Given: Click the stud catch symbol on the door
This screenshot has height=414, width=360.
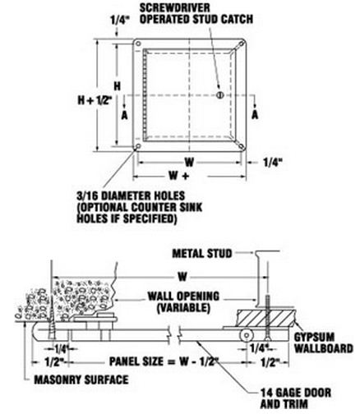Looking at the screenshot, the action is (219, 95).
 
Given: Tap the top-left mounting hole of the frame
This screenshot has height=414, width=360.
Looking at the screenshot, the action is (138, 44).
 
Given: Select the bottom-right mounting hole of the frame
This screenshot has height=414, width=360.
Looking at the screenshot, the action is (242, 146).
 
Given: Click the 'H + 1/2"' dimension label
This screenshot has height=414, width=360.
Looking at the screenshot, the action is (95, 100).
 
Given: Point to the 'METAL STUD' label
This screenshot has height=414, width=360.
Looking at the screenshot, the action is (202, 254).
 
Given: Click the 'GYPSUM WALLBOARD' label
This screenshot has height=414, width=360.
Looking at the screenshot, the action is (323, 343).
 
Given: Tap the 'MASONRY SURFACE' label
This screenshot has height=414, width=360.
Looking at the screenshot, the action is (81, 379).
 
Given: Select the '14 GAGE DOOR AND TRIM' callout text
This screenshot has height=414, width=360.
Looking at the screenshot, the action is (296, 398).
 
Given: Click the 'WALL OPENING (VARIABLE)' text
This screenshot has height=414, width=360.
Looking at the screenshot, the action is (183, 302).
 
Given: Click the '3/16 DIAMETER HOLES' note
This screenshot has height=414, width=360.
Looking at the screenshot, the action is (131, 195).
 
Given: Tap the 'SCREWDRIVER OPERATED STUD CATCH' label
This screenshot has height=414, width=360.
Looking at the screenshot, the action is (196, 14).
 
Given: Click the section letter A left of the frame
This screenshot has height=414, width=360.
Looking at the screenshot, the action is (125, 115).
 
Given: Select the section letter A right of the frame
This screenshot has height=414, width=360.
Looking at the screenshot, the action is (255, 114).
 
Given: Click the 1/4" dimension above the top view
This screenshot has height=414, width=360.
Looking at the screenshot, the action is (119, 20).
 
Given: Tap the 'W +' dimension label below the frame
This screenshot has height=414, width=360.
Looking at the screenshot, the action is (179, 176).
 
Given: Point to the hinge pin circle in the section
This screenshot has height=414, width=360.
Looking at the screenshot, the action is (246, 335).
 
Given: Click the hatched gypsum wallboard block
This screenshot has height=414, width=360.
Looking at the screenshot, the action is (266, 318).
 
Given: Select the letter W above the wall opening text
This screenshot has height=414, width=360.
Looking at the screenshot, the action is (182, 277).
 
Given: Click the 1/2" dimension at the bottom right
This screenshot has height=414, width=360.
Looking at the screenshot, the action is (269, 362).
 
